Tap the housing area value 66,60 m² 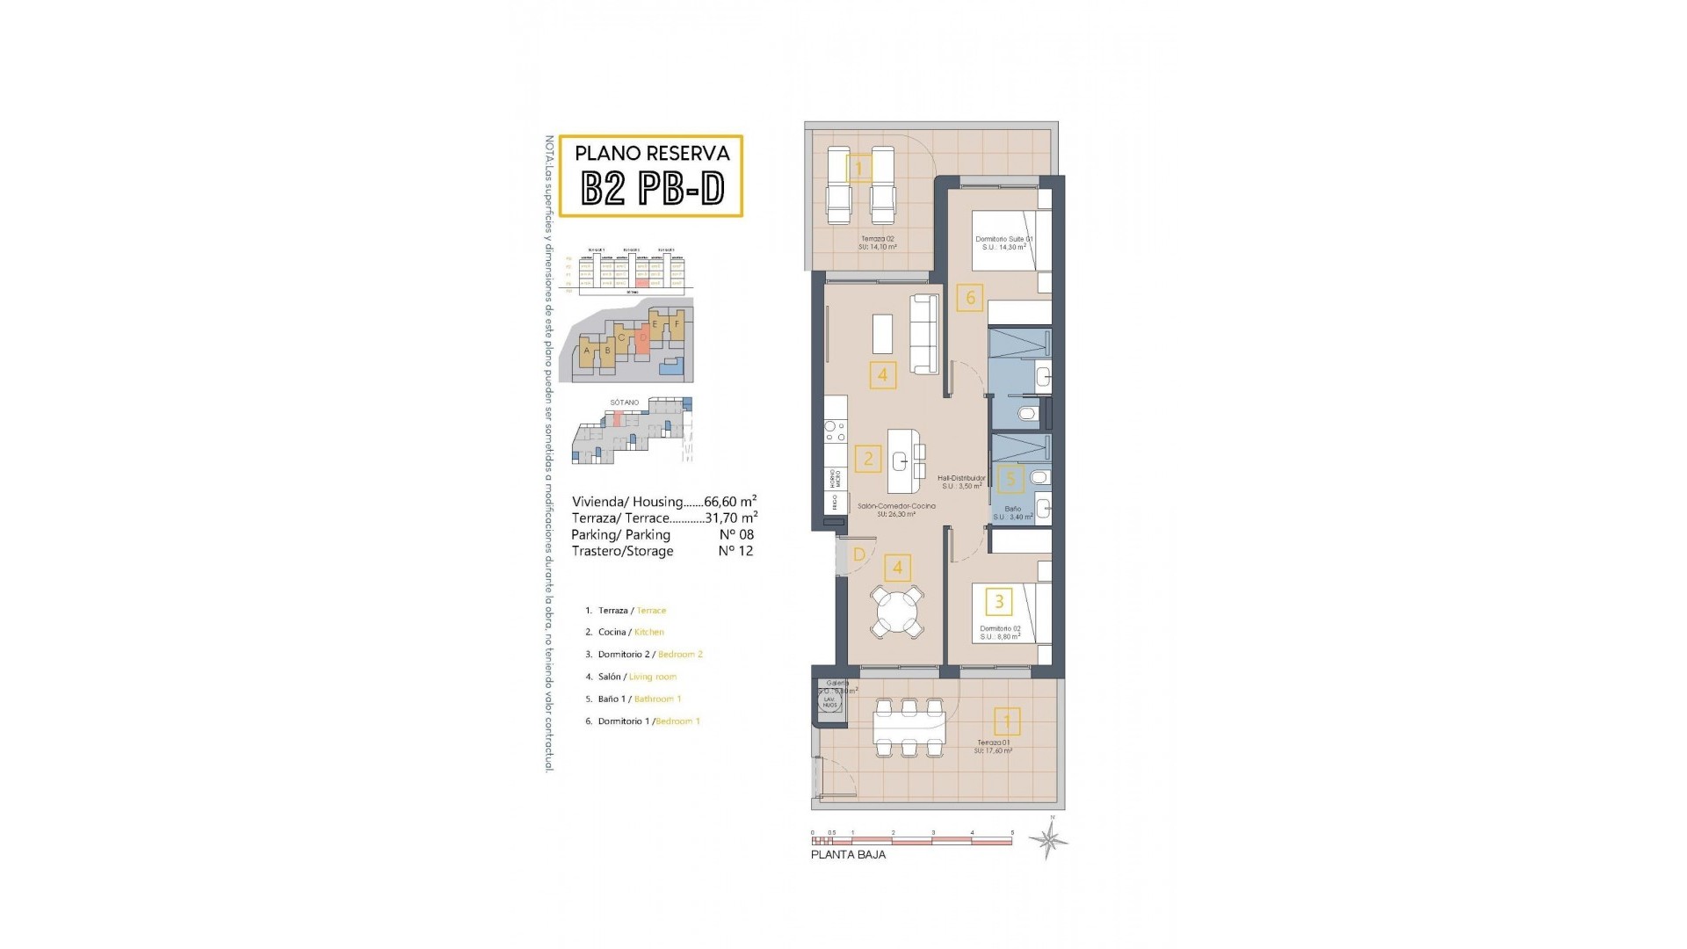(730, 502)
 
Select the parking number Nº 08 (735, 534)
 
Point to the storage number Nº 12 (735, 551)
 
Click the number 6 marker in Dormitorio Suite (970, 297)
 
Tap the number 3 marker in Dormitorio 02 (999, 602)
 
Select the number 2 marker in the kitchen (868, 458)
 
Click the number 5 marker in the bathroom (1010, 479)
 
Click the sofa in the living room (923, 334)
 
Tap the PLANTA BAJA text (848, 855)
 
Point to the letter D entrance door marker (859, 554)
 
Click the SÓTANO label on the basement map (625, 402)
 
